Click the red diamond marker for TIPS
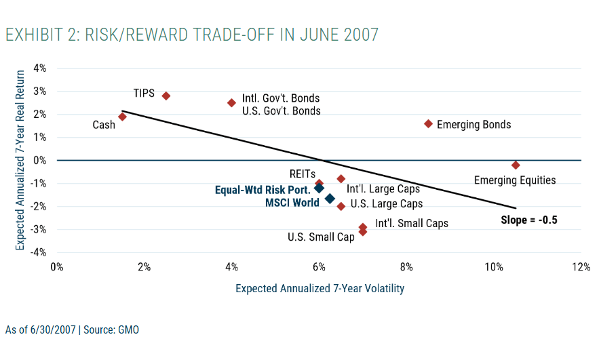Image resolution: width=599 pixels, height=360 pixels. click(x=166, y=96)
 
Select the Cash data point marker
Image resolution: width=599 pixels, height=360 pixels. click(x=122, y=117)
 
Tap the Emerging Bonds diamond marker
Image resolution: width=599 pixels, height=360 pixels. click(x=428, y=123)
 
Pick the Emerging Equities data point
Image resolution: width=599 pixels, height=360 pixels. click(x=516, y=165)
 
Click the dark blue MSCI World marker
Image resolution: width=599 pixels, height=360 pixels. click(x=330, y=199)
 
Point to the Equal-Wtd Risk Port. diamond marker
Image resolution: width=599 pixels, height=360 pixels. click(x=319, y=188)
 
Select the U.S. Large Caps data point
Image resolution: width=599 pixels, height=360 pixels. click(x=341, y=206)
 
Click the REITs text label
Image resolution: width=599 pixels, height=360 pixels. click(x=301, y=174)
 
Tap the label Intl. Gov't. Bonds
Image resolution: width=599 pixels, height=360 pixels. click(x=281, y=98)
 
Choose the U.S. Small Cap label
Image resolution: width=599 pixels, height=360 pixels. click(x=321, y=237)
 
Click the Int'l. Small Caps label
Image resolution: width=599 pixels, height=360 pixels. click(x=412, y=223)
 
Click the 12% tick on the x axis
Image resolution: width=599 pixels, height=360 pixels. click(x=581, y=267)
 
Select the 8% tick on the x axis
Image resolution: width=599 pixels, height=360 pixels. click(x=406, y=267)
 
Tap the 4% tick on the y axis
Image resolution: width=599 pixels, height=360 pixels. click(x=39, y=68)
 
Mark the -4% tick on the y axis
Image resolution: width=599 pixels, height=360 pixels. click(x=38, y=252)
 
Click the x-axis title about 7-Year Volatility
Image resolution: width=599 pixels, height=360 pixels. click(x=320, y=289)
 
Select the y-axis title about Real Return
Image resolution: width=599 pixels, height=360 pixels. click(x=21, y=160)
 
